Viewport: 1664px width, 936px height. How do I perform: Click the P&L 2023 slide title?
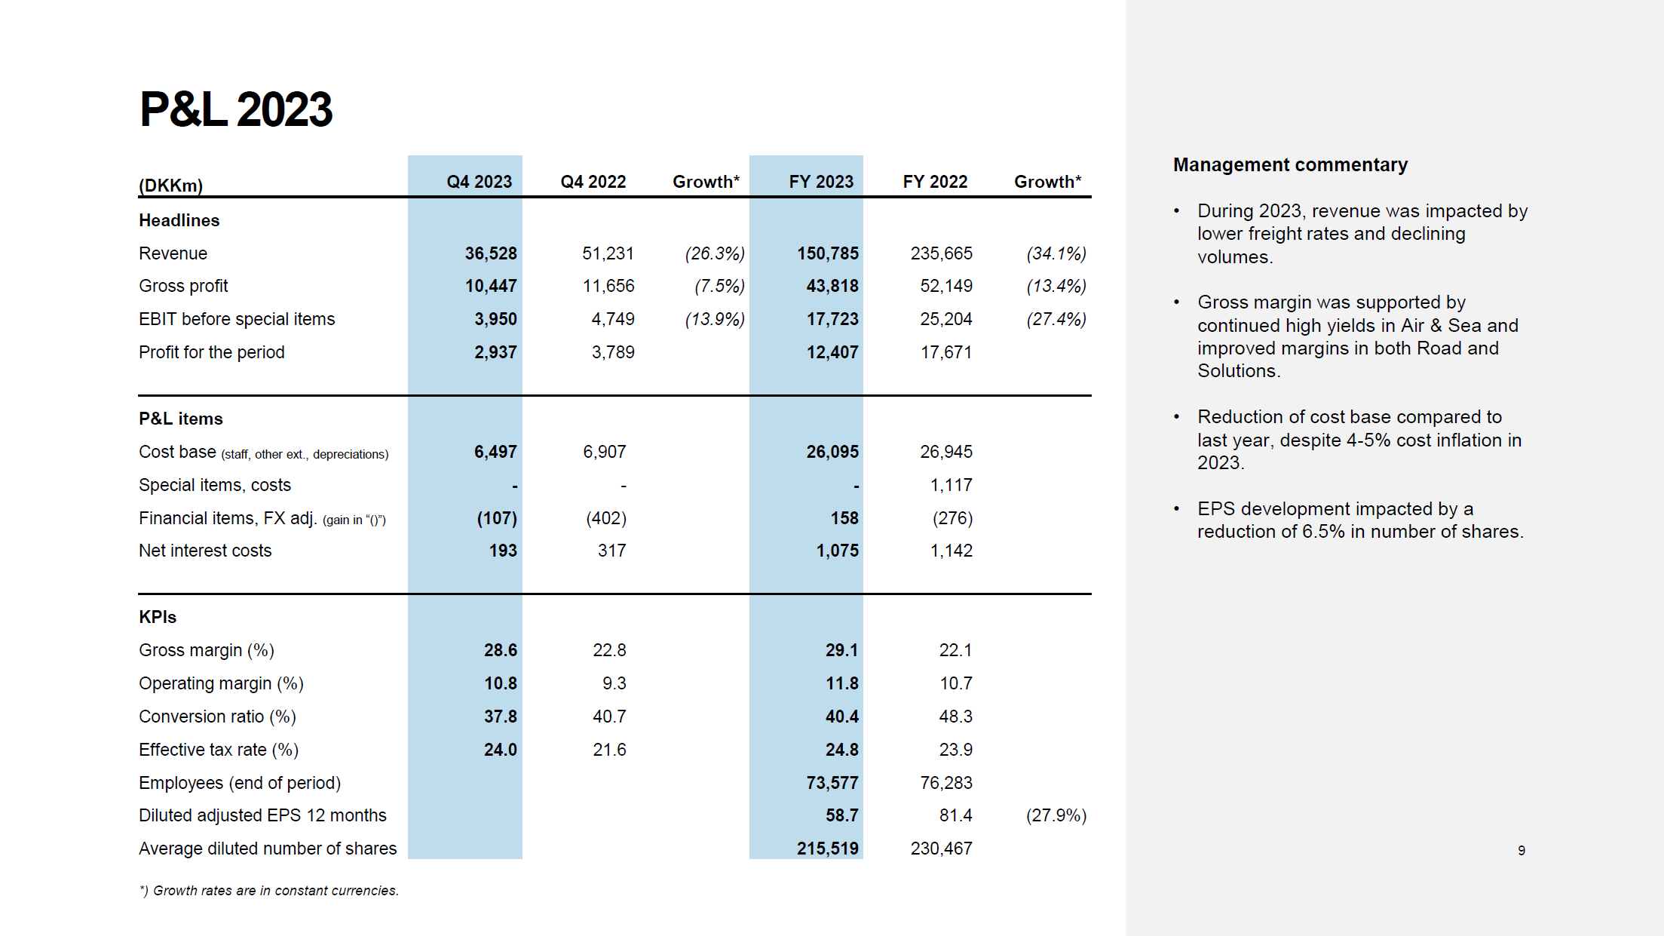235,109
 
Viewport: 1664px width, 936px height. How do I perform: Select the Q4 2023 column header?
479,182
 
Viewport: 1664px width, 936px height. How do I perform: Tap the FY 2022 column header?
935,182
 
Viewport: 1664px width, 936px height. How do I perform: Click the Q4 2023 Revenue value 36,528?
491,253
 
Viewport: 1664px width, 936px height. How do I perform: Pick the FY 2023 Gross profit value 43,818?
832,286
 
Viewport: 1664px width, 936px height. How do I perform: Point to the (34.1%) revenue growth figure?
1056,253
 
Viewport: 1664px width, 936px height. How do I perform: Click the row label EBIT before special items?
237,319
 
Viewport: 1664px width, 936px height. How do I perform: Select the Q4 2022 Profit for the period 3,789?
613,352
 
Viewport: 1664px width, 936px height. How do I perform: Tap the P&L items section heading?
181,419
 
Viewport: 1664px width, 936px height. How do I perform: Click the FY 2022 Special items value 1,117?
951,485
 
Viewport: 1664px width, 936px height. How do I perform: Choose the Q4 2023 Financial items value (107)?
497,518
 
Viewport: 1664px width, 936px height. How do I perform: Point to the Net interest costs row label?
205,551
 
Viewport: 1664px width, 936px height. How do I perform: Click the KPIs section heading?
158,617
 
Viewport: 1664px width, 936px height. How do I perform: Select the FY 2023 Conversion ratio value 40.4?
842,717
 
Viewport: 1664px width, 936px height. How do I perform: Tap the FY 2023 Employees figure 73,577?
832,783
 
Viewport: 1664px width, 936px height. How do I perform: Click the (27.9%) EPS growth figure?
1056,815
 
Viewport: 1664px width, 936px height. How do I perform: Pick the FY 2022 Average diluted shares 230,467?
941,849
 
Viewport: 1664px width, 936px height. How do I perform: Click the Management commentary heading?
1290,164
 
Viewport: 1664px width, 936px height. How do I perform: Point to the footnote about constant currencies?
269,891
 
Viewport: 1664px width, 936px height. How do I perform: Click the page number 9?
1522,851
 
